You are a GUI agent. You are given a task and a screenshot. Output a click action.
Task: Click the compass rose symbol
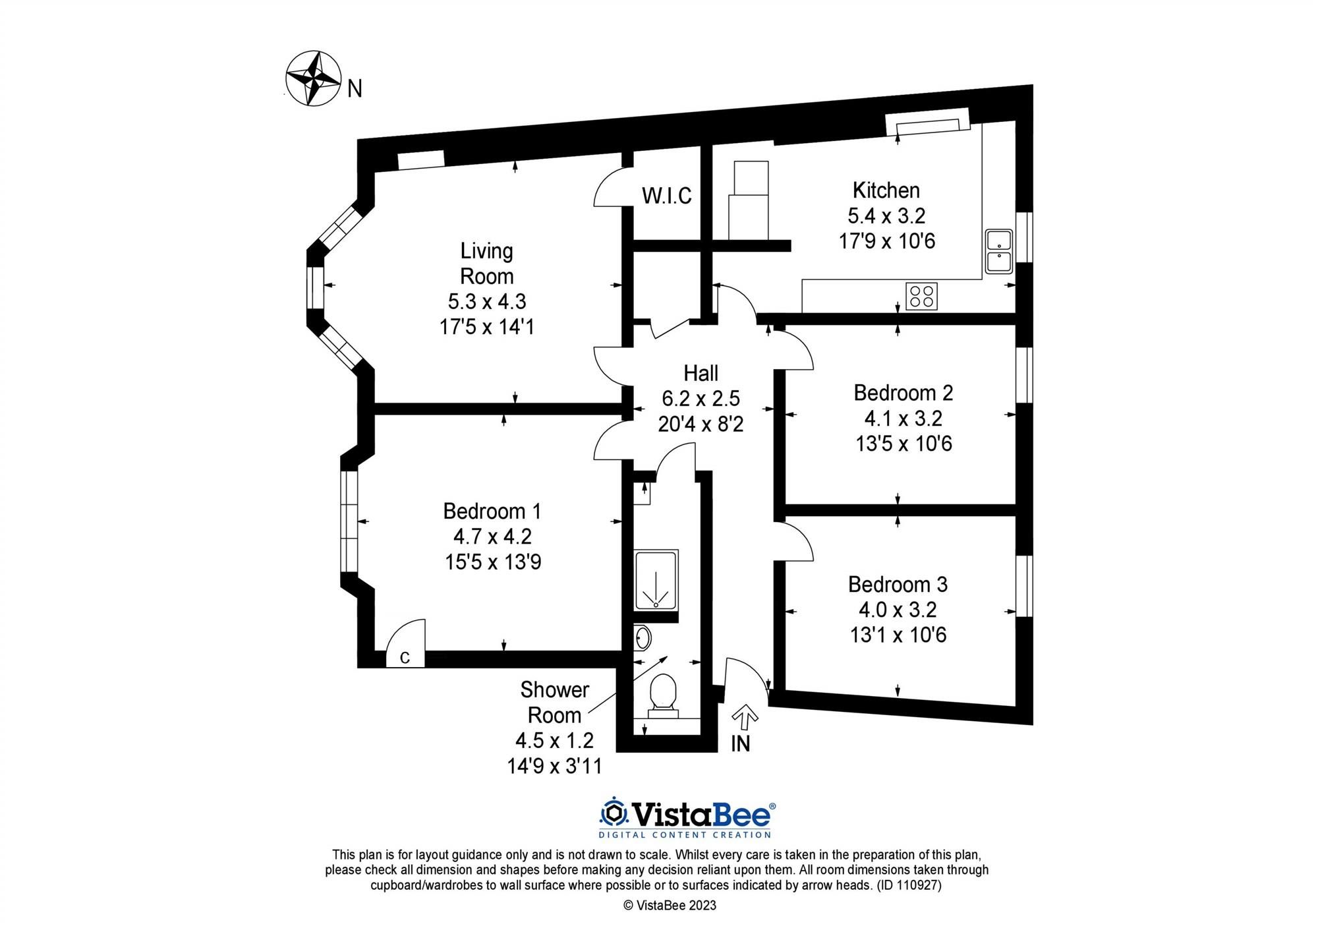click(x=313, y=78)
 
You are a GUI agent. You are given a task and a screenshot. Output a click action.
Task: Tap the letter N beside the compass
click(x=355, y=89)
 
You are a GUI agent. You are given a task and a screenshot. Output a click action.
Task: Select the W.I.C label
click(x=666, y=196)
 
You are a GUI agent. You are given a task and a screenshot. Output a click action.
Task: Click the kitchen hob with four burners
click(x=921, y=296)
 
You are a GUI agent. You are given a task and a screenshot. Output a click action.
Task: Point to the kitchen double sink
click(x=998, y=251)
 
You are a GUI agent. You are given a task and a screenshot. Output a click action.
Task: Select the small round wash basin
click(x=643, y=638)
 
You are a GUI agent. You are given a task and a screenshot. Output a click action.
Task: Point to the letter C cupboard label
click(x=405, y=657)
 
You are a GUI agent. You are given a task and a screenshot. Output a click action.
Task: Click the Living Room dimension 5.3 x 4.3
click(x=487, y=302)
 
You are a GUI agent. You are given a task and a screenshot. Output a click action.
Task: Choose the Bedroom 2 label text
click(x=903, y=393)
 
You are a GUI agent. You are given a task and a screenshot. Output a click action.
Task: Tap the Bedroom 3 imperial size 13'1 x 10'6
click(x=898, y=635)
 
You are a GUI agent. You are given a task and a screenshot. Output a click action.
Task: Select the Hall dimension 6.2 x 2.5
click(x=701, y=399)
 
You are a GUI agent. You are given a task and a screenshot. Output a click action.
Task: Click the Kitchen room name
click(x=886, y=190)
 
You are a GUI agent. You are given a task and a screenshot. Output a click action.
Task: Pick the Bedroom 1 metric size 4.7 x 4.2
click(x=492, y=537)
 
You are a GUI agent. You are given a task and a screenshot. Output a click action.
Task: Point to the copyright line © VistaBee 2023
click(x=670, y=906)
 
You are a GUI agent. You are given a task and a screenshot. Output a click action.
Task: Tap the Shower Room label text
click(x=554, y=703)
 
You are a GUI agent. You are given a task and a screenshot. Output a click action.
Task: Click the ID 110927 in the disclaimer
click(x=909, y=885)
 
